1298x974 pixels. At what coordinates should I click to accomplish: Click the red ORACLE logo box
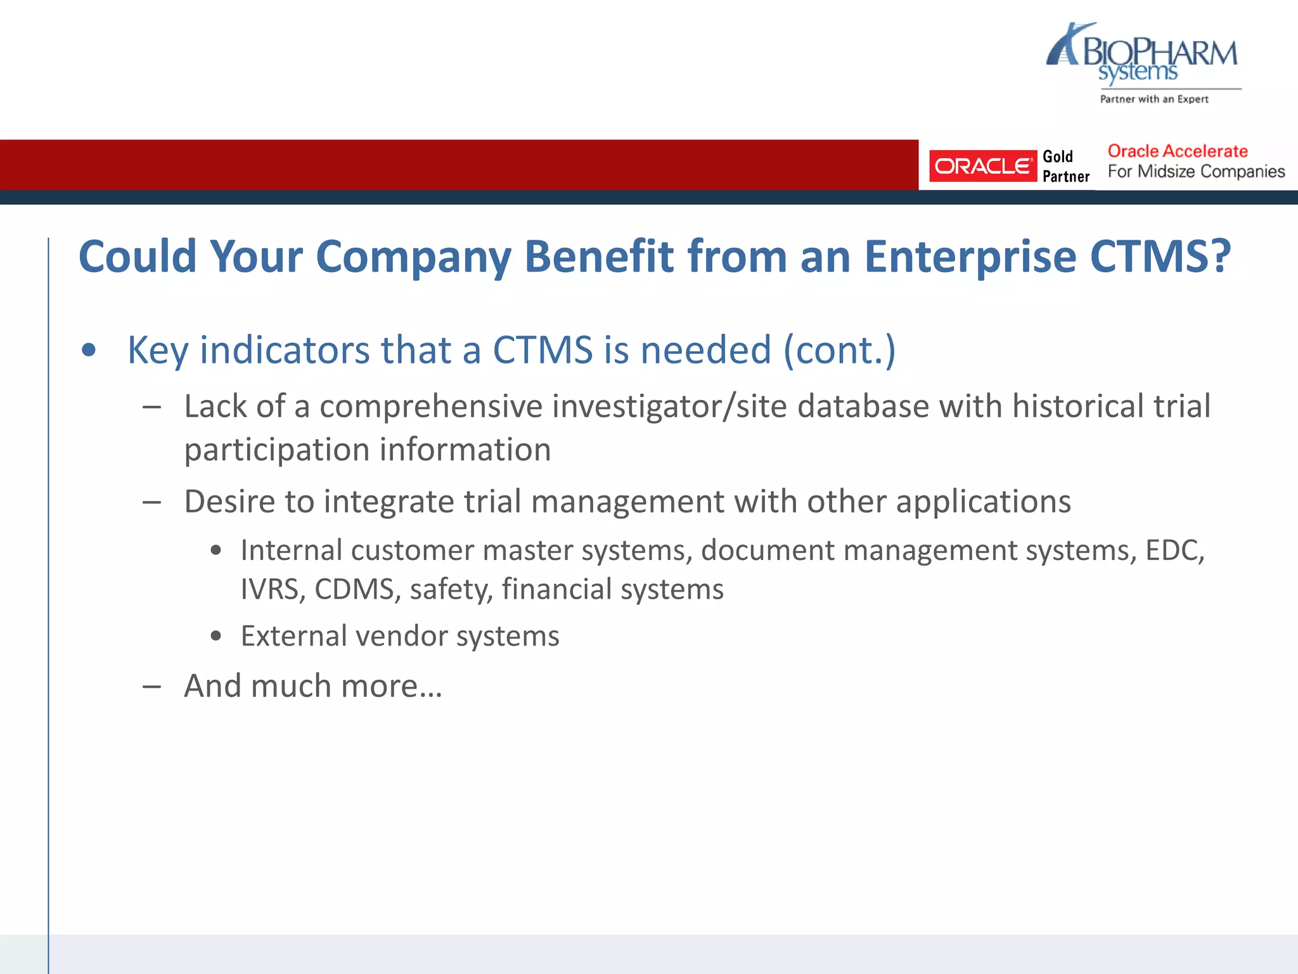point(982,166)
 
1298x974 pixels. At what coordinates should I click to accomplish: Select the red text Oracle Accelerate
point(1177,151)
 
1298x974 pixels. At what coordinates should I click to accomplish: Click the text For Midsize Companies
point(1196,172)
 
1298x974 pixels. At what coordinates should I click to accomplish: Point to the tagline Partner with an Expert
point(1153,99)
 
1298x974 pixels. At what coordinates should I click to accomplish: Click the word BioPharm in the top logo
point(1160,52)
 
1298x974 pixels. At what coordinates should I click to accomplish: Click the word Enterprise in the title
point(970,257)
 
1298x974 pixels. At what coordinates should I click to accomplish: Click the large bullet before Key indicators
point(89,350)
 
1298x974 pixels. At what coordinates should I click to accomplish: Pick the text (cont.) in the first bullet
point(840,350)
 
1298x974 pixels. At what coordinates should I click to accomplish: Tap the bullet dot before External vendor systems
point(216,636)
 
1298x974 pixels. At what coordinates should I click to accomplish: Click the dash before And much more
point(152,687)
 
